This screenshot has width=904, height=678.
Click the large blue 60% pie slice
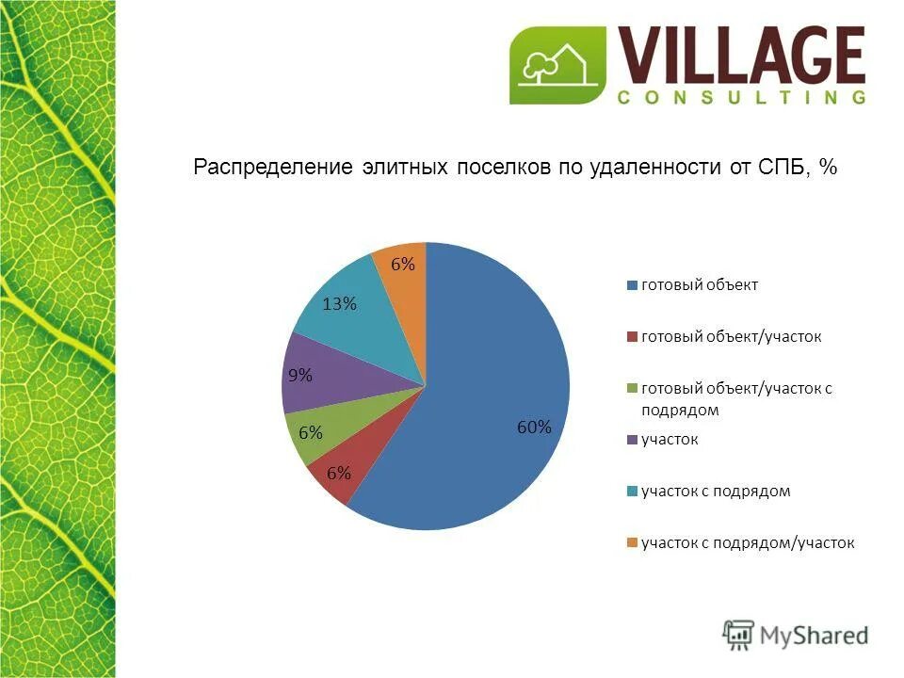490,395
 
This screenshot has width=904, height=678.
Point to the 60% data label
533,427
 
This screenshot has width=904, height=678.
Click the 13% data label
339,303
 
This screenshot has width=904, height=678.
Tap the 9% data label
300,375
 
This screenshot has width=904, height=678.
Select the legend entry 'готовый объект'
700,285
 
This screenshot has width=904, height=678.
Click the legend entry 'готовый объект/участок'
731,336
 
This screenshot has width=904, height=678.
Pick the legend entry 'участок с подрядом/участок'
748,542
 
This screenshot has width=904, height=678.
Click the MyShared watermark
796,635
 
